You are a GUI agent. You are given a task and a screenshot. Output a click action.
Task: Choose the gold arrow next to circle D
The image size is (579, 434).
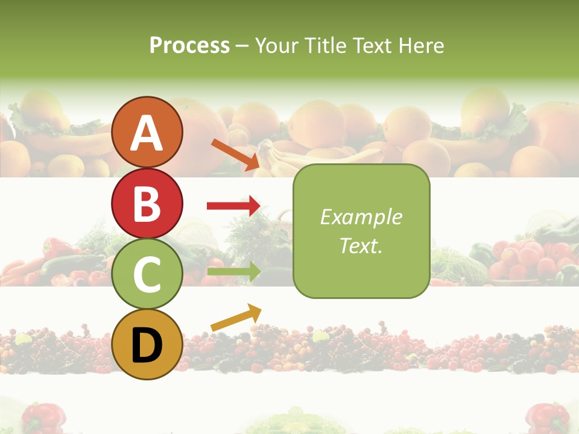point(236,318)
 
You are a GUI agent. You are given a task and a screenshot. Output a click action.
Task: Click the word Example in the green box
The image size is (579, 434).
point(361,217)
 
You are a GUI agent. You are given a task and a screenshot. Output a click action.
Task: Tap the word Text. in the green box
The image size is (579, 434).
point(361,245)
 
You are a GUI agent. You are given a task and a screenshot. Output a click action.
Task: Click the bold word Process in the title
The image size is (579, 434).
point(189,45)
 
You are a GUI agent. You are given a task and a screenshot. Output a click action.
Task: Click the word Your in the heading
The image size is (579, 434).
point(276,45)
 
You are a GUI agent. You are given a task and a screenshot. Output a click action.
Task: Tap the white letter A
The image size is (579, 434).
point(147,133)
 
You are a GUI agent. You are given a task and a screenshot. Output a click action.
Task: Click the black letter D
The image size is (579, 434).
point(147,345)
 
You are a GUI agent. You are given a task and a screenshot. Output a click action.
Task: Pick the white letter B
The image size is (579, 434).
point(147,204)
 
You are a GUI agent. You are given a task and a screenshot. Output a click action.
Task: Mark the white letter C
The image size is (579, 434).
point(147,274)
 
